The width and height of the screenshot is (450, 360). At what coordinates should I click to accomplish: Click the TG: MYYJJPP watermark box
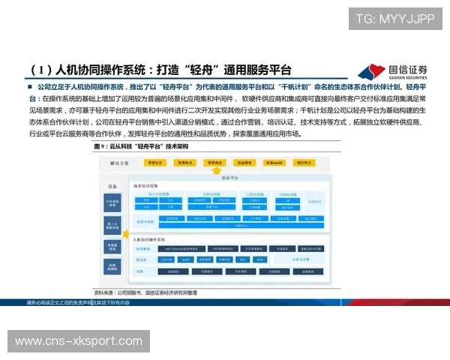click(x=394, y=19)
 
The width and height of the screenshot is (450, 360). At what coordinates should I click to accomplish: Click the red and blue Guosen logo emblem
click(x=370, y=73)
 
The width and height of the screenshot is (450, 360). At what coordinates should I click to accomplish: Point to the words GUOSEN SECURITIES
click(x=408, y=78)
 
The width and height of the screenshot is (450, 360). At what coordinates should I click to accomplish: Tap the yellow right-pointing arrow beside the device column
click(x=125, y=225)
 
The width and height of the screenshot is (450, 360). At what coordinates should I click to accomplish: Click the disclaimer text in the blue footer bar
click(x=78, y=302)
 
